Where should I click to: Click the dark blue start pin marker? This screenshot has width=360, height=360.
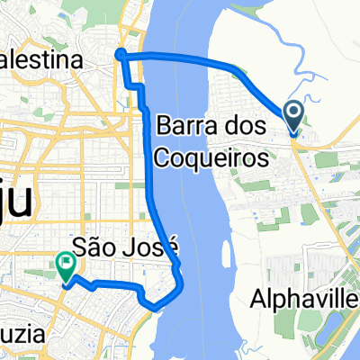[x=293, y=114]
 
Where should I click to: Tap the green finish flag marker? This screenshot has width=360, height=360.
[x=65, y=264]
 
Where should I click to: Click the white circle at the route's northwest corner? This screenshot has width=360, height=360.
[x=121, y=57]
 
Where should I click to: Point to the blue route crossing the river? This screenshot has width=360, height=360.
[x=180, y=59]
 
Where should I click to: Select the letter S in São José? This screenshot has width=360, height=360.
[x=78, y=244]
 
